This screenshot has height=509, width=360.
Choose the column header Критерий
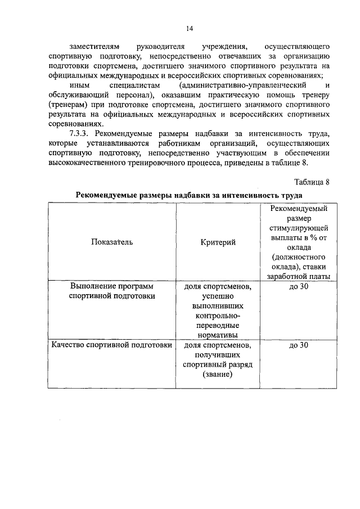217,242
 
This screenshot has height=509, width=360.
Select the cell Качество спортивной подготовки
111,345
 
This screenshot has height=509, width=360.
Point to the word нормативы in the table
217,335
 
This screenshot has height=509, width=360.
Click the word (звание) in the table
217,375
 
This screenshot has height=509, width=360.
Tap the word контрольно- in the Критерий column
217,316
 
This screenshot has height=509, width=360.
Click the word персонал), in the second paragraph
132,95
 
